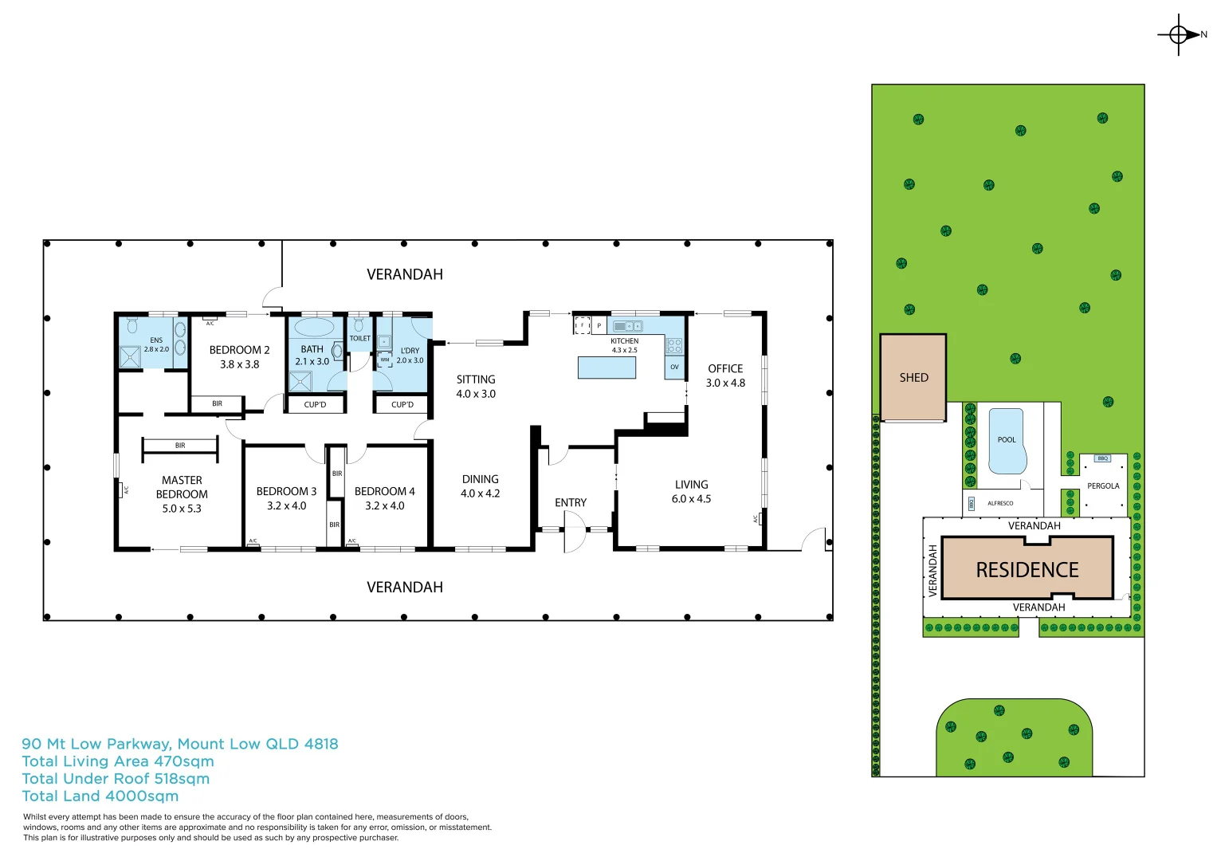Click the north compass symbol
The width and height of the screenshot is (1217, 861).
tap(1180, 34)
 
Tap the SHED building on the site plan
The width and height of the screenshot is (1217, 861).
tap(913, 378)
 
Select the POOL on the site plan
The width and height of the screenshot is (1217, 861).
tap(1007, 442)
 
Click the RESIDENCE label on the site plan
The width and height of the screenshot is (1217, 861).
tap(1027, 570)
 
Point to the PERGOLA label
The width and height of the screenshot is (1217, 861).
tap(1103, 486)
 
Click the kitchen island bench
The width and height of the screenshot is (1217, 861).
tap(607, 368)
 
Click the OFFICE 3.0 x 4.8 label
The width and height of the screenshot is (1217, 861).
tap(725, 375)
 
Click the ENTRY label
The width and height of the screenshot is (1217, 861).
tap(571, 502)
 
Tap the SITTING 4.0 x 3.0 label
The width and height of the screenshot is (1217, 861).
tap(476, 387)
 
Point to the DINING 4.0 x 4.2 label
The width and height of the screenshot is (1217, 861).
tap(480, 486)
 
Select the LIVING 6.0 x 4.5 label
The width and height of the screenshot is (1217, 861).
tap(691, 491)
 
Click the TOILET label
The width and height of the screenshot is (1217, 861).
tap(359, 338)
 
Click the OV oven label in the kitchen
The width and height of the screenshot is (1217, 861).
tap(674, 367)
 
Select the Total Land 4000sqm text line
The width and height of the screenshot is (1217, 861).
tap(100, 796)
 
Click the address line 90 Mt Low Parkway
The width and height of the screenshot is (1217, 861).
tap(180, 744)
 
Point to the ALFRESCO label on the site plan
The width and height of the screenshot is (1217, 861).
tap(1000, 503)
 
